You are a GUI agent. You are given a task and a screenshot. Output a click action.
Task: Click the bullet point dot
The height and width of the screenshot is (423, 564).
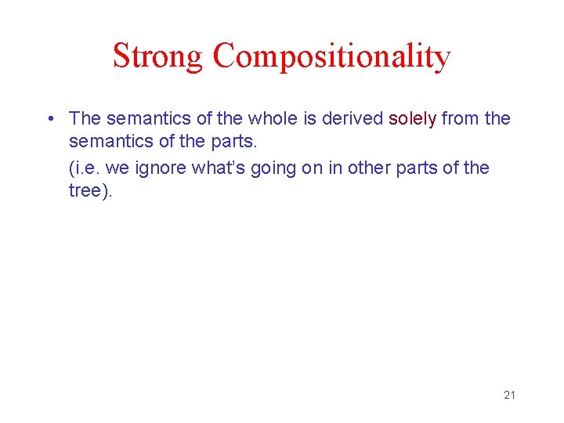point(49,119)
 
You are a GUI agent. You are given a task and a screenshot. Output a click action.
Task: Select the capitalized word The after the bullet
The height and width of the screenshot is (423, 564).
point(85,118)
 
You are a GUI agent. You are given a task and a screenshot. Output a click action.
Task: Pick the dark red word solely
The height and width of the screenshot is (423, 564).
point(413,119)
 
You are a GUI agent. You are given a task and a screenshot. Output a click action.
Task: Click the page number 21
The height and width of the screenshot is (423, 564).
point(509,395)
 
